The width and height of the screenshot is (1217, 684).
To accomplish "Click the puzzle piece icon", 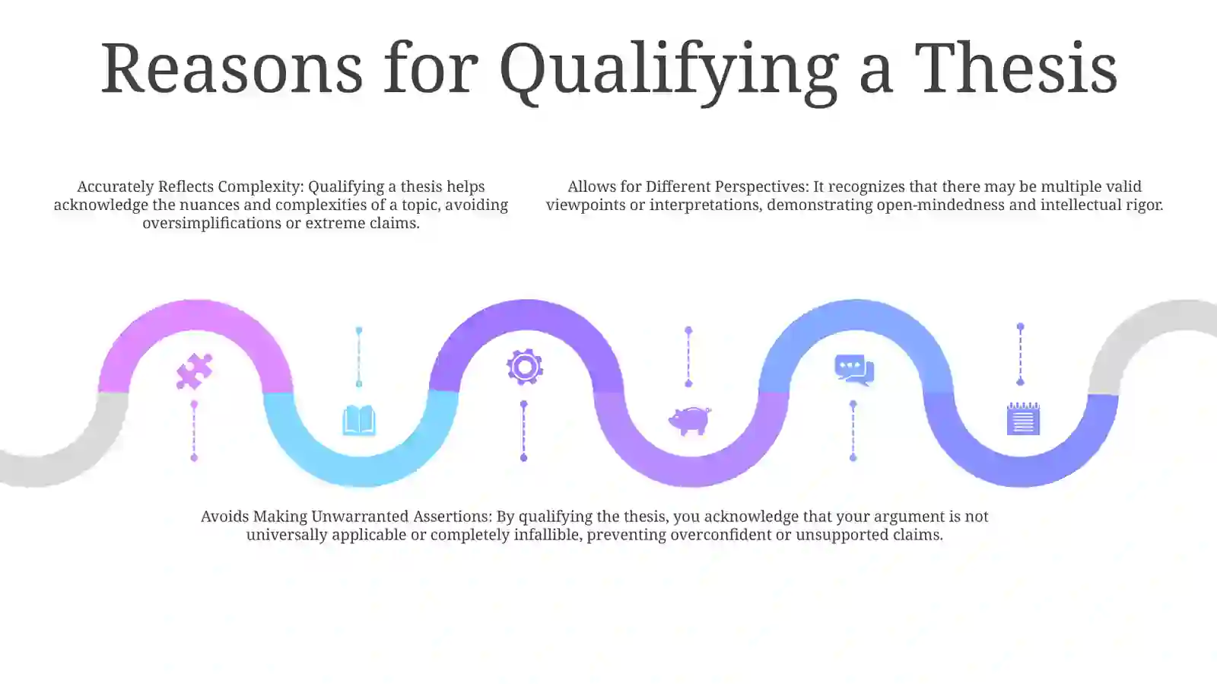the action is [x=195, y=371].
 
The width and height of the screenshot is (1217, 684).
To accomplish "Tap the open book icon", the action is [x=359, y=420].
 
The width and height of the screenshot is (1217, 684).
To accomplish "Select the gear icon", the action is [x=524, y=367].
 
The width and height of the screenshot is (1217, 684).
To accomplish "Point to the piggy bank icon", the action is [x=689, y=421].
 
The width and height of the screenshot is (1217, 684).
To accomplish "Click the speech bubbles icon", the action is [x=854, y=370].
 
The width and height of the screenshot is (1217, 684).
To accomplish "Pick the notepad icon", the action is [x=1023, y=418].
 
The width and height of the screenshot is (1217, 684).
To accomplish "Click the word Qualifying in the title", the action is [x=669, y=71].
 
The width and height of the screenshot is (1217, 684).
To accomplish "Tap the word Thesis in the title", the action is [x=1015, y=68].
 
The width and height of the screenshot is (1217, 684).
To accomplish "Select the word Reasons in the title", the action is [x=232, y=68].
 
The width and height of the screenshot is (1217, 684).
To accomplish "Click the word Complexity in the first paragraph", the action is [x=261, y=186].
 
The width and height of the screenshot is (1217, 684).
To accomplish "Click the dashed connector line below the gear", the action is [x=524, y=431].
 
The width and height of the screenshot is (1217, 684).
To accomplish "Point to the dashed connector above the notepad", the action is [x=1020, y=355].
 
